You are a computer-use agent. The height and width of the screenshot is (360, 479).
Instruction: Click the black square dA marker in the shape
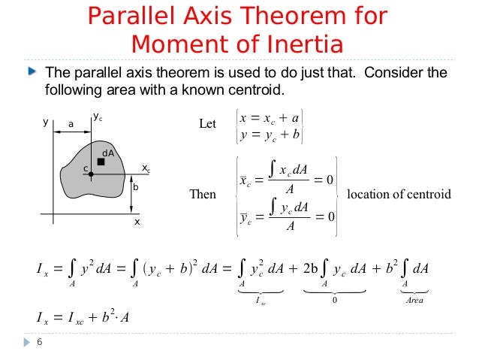[x=101, y=162]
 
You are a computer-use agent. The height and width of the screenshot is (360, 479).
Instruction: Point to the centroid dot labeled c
[x=90, y=174]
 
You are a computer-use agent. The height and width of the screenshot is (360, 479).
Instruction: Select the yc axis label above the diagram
[x=98, y=116]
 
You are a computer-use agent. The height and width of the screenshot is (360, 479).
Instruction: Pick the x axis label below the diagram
[x=137, y=223]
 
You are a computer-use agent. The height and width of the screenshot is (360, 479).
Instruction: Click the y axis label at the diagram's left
[x=45, y=122]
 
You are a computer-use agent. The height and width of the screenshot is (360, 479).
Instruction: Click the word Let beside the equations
[x=207, y=123]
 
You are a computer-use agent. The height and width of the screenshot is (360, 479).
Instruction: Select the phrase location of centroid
[x=399, y=195]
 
